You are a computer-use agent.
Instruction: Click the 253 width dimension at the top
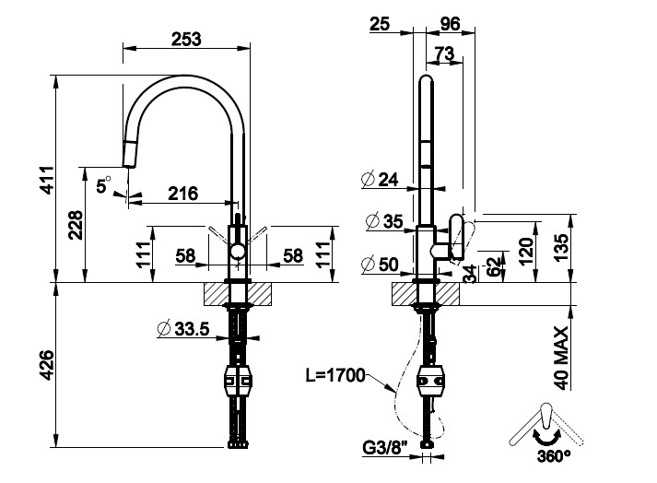186,38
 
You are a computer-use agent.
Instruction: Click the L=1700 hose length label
335,375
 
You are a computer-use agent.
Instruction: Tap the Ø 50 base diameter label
381,265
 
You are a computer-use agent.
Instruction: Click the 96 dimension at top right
451,24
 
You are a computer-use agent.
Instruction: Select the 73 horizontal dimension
444,55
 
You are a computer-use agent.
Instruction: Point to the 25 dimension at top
380,24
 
